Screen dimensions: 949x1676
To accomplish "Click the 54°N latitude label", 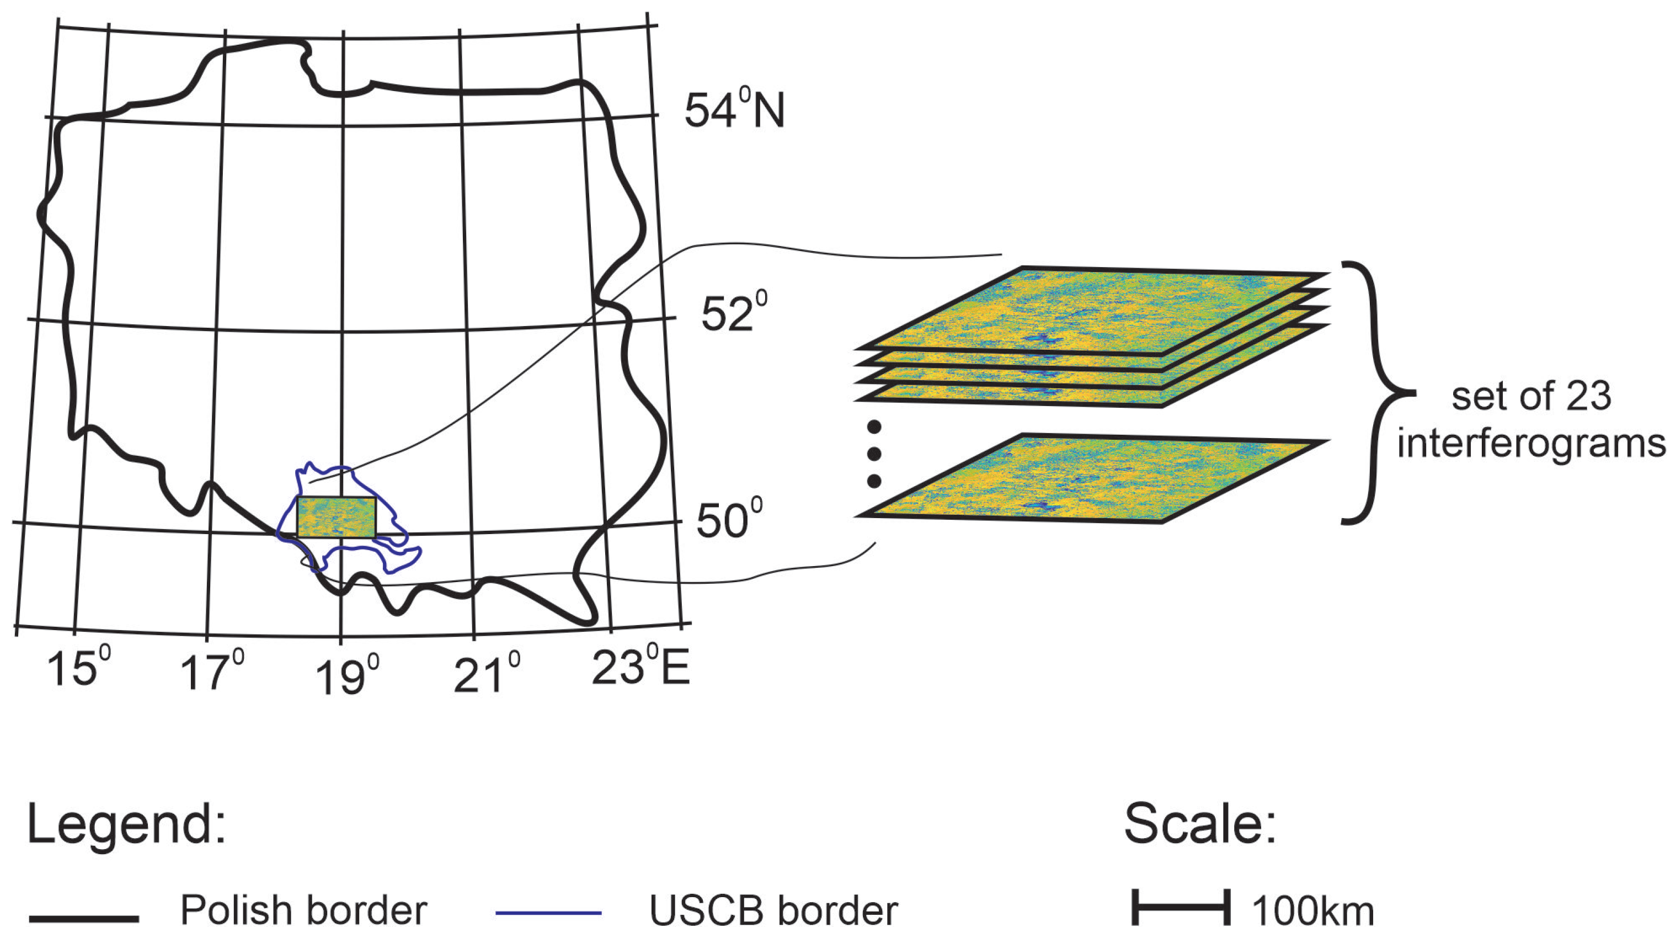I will (x=734, y=111).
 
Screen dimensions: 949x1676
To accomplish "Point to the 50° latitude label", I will (x=729, y=520).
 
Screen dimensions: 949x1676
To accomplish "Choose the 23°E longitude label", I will (x=640, y=668).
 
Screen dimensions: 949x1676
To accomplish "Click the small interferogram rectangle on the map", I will (x=336, y=517).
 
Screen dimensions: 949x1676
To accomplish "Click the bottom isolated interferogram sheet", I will (x=1091, y=478).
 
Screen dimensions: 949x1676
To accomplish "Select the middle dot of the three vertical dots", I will (x=874, y=454).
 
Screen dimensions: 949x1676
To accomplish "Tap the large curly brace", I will (x=1375, y=392).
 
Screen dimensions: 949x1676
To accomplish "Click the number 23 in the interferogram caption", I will (x=1587, y=396).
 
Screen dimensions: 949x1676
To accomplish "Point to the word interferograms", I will (x=1531, y=445).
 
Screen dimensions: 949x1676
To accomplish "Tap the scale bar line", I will (x=1181, y=907).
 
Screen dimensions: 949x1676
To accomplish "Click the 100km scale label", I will (x=1312, y=912).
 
